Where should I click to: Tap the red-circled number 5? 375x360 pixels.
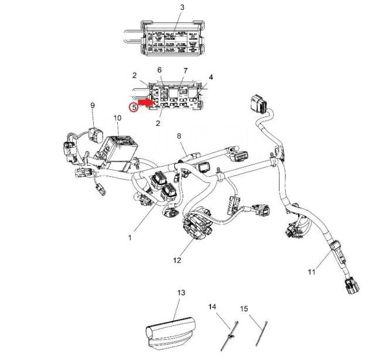tap(134, 107)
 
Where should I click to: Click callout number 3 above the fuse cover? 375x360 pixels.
tap(166, 7)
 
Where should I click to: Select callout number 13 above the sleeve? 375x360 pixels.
tap(180, 292)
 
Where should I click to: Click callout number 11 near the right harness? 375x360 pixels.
tap(312, 272)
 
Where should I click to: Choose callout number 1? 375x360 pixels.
tap(130, 237)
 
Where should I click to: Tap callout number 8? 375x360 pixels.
tap(180, 136)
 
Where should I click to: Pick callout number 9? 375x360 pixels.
tap(92, 105)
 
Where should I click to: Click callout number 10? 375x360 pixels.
tap(117, 118)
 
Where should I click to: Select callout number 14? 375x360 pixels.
tap(213, 306)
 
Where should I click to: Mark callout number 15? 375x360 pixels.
tap(244, 308)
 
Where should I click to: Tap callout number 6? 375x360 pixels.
tap(159, 70)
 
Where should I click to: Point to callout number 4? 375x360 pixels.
tap(211, 77)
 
